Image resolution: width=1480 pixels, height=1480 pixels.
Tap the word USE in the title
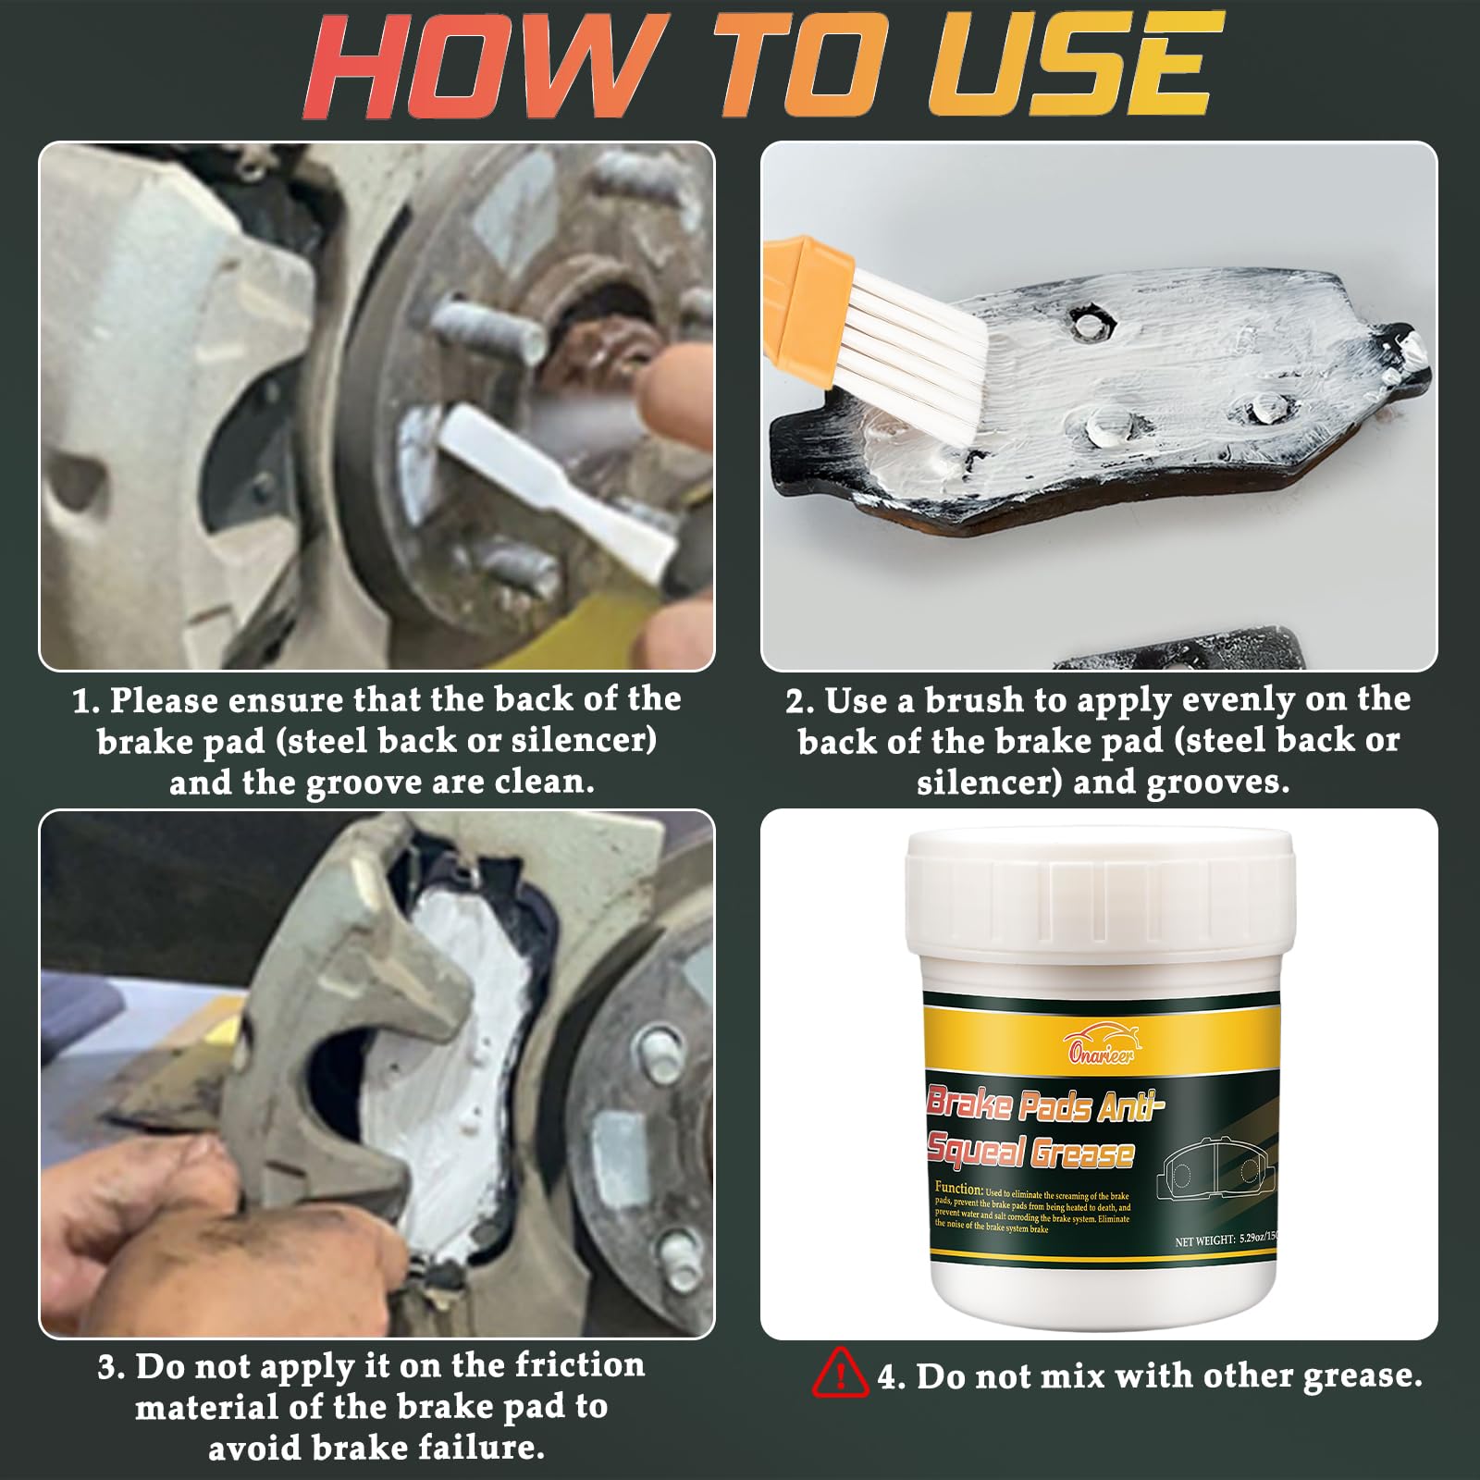pyautogui.click(x=1073, y=67)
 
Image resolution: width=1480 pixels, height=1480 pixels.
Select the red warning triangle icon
pyautogui.click(x=839, y=1373)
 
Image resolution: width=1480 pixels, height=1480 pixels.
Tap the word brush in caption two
pyautogui.click(x=974, y=700)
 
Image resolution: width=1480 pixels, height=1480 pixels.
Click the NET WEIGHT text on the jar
pyautogui.click(x=1204, y=1240)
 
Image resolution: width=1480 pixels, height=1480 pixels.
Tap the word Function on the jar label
pyautogui.click(x=958, y=1188)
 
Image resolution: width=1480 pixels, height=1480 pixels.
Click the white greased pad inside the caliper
pyautogui.click(x=453, y=1064)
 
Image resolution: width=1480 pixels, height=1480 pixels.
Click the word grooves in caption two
pyautogui.click(x=1217, y=783)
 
